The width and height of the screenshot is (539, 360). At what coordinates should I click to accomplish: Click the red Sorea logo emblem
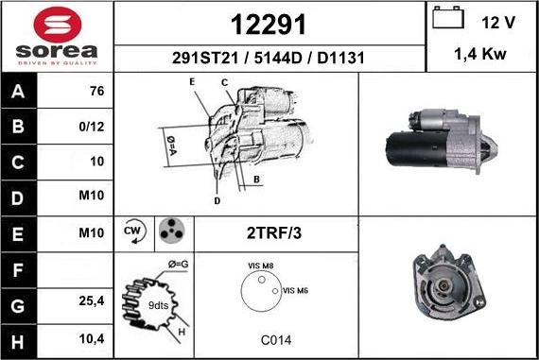(x=58, y=25)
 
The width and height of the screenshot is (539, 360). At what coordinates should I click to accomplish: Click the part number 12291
(x=269, y=25)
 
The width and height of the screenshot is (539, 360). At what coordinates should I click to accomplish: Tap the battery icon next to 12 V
(x=448, y=18)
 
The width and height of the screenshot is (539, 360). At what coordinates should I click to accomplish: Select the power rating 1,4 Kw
(x=480, y=54)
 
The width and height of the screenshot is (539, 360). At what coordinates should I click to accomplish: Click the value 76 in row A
(x=97, y=91)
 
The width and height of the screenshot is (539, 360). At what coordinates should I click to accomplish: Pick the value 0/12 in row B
(x=92, y=127)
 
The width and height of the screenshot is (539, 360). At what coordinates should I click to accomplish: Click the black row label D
(x=18, y=198)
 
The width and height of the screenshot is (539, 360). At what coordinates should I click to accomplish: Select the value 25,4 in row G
(x=92, y=300)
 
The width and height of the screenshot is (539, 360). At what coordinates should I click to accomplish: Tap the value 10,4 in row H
(x=92, y=339)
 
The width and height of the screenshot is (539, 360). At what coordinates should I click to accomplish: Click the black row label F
(x=18, y=270)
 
